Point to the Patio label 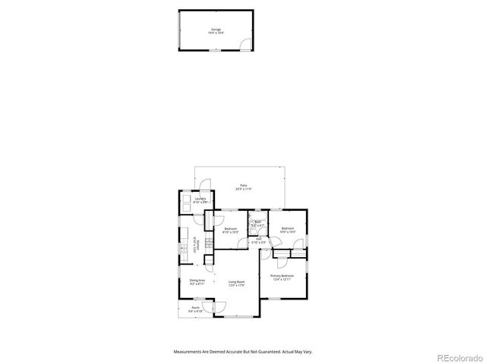pyautogui.click(x=243, y=185)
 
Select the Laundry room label pyautogui.click(x=200, y=199)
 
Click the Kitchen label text pyautogui.click(x=199, y=245)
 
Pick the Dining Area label pyautogui.click(x=196, y=281)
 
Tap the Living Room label pyautogui.click(x=237, y=281)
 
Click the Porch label pyautogui.click(x=195, y=308)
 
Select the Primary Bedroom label pyautogui.click(x=282, y=275)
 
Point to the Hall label pyautogui.click(x=258, y=239)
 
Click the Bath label pyautogui.click(x=258, y=222)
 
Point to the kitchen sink pyautogui.click(x=185, y=247)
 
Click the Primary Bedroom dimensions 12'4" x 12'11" pyautogui.click(x=282, y=279)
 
